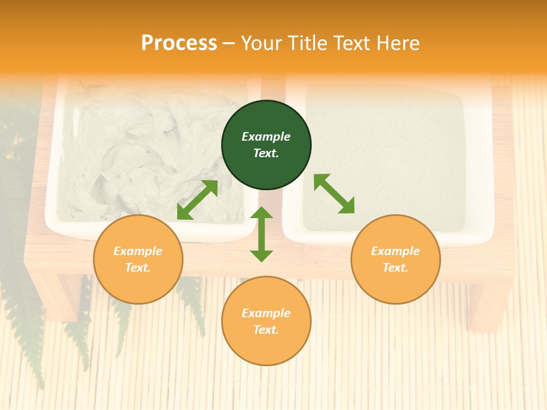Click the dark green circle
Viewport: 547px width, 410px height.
266,145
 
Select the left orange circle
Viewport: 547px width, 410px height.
138,260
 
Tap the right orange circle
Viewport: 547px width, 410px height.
395,260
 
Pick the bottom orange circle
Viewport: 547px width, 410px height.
266,321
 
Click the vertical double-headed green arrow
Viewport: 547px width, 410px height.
262,234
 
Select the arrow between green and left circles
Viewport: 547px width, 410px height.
197,200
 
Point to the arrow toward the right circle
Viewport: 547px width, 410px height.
334,194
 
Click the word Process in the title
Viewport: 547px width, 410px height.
179,43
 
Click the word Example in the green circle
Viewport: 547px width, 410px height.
266,137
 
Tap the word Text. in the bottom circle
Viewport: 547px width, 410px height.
266,330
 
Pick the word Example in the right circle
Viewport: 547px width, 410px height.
395,251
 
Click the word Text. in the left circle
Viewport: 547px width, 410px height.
138,268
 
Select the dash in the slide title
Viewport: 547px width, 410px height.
229,43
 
